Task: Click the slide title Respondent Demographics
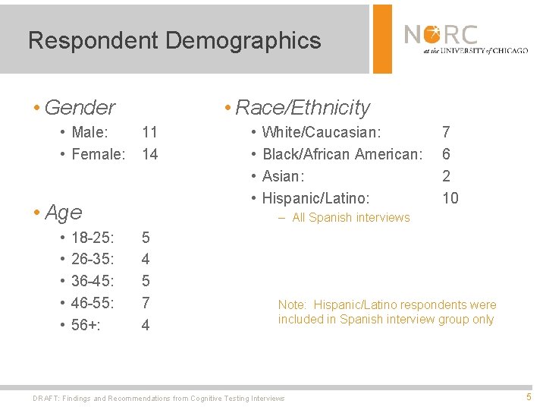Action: click(174, 40)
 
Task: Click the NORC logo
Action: click(465, 38)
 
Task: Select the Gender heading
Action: click(80, 108)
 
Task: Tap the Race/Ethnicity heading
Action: click(303, 108)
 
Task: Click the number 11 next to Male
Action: click(150, 132)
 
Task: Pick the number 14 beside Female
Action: click(150, 154)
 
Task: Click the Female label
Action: click(98, 154)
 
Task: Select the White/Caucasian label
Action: click(322, 132)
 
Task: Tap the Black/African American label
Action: click(342, 154)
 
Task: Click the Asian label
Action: click(283, 176)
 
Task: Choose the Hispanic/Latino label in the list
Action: click(315, 198)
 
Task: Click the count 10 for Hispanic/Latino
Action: click(450, 198)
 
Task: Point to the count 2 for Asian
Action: click(446, 176)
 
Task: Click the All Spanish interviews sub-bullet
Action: click(350, 218)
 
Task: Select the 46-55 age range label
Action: click(93, 303)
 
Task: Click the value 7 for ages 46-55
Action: click(146, 303)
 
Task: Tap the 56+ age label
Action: click(86, 325)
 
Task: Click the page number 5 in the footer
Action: click(529, 397)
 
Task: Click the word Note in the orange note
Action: click(292, 305)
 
